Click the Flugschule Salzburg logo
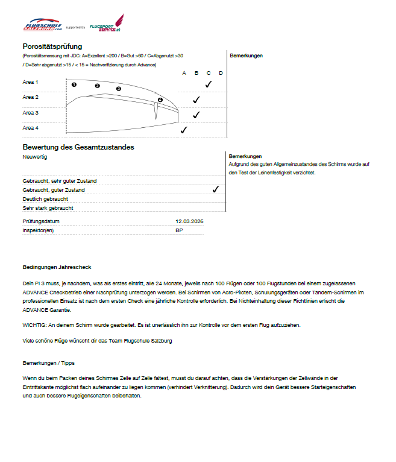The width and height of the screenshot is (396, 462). (x=42, y=26)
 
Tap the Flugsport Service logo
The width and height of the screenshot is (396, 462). (x=106, y=24)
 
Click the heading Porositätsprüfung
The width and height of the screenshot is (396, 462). (x=52, y=46)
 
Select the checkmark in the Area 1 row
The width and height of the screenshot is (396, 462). (x=209, y=84)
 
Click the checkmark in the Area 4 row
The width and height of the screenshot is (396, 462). (x=184, y=129)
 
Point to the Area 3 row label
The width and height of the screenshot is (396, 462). (x=31, y=113)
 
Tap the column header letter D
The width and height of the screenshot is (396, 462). (x=221, y=73)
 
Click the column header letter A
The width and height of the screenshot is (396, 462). (x=184, y=73)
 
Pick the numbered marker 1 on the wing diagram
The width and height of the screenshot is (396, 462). (x=74, y=84)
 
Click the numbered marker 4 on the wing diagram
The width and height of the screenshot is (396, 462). (x=160, y=100)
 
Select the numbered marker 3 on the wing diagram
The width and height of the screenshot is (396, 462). (x=118, y=89)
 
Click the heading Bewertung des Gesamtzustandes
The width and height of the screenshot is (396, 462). (x=78, y=147)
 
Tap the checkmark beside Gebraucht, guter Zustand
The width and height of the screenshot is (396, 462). (x=216, y=189)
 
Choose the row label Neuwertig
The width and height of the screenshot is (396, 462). (x=34, y=157)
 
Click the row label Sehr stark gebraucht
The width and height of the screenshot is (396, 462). (x=48, y=207)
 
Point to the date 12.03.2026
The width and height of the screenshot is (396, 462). (x=190, y=221)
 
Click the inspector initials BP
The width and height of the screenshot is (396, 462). (x=179, y=230)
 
